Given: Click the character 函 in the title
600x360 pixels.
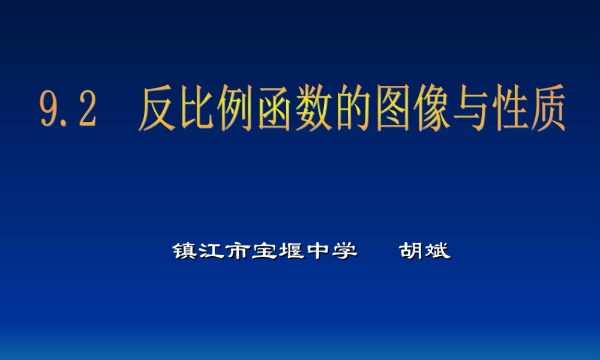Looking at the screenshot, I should coord(280,110).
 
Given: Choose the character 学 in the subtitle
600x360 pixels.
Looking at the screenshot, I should coord(344,250).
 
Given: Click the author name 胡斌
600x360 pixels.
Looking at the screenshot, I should coord(425,250).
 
